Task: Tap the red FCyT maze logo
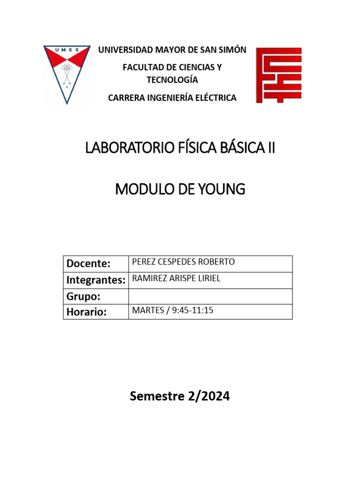(x=278, y=75)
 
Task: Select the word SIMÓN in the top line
(x=233, y=50)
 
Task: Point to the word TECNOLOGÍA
(x=172, y=80)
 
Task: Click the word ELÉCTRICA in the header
(x=214, y=97)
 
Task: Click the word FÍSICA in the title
(x=191, y=149)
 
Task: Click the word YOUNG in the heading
(x=222, y=190)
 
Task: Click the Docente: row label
(x=89, y=263)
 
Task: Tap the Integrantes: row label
(x=96, y=280)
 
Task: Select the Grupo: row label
(x=84, y=296)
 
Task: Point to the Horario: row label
(x=87, y=312)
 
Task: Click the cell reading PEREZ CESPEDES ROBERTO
(x=184, y=262)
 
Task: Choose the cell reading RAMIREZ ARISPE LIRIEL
(x=176, y=278)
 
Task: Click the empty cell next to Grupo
(x=210, y=296)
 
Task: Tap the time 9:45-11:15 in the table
(x=193, y=310)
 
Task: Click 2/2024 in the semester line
(x=209, y=397)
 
